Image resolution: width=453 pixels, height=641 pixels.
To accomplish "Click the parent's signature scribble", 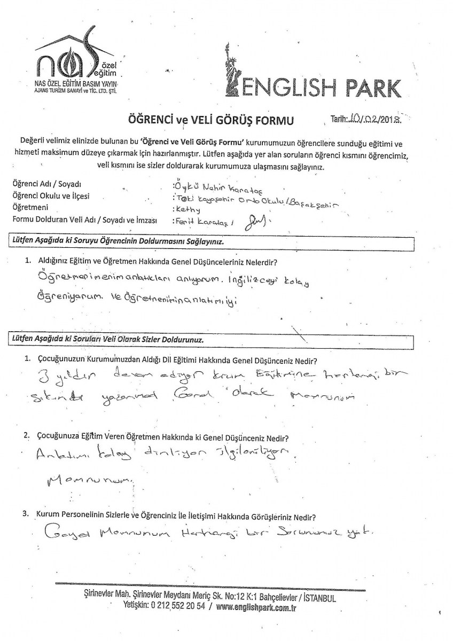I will [255, 221].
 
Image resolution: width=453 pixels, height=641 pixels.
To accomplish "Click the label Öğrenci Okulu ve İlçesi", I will [51, 196].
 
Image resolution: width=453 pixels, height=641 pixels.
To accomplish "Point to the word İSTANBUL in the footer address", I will [317, 599].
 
